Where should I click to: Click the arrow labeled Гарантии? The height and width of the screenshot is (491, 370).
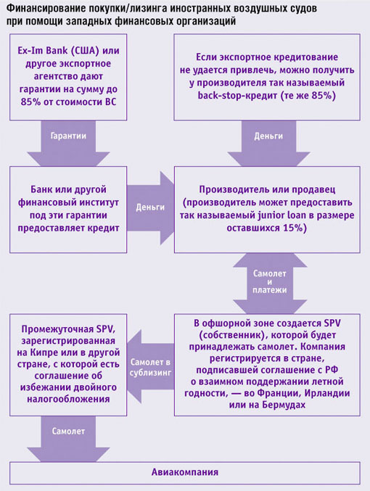(x=68, y=143)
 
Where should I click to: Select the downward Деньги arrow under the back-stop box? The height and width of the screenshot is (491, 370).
(x=268, y=143)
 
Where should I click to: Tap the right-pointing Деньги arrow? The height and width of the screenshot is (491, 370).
(x=150, y=208)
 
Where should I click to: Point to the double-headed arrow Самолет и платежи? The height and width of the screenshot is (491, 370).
(x=270, y=283)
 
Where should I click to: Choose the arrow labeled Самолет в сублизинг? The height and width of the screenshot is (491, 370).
(x=151, y=366)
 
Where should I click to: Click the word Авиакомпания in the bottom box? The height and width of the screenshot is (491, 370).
(x=185, y=472)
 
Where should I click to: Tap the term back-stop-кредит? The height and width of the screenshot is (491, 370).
(x=238, y=95)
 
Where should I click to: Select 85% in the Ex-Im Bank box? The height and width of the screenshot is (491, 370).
(x=30, y=102)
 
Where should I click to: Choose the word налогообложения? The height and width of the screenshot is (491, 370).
(x=68, y=399)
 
